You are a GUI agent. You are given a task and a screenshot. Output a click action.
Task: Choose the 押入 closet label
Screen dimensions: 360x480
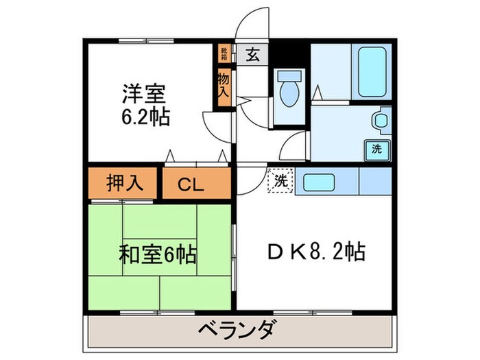pos(125,183)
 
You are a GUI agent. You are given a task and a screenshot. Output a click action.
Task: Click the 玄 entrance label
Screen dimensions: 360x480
pos(252,54)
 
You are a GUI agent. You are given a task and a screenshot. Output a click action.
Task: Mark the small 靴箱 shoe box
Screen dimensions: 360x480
pos(224,52)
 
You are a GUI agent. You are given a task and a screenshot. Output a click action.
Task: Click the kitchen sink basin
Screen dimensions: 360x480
pos(320,182)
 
